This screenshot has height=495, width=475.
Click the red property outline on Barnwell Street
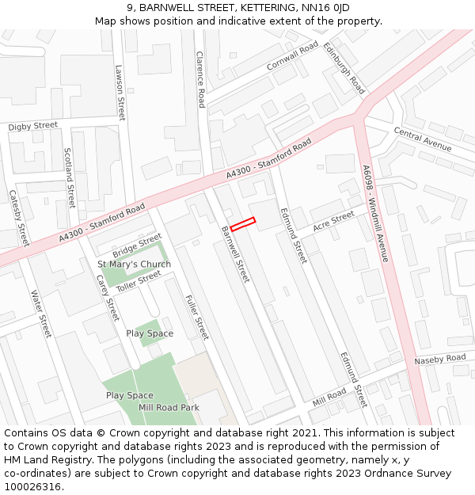(x=242, y=224)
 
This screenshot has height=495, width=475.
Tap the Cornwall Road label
(x=292, y=55)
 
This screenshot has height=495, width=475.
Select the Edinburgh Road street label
(x=344, y=68)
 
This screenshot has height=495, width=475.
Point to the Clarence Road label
(x=201, y=79)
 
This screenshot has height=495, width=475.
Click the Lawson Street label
(x=120, y=92)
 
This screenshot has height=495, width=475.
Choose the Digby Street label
(x=33, y=126)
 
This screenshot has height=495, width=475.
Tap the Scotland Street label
(x=69, y=177)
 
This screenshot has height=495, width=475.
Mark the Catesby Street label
(x=19, y=218)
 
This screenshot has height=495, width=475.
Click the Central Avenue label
(x=423, y=140)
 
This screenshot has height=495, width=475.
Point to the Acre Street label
(x=333, y=222)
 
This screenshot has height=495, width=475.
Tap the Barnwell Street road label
(x=235, y=254)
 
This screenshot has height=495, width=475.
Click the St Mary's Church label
(x=134, y=264)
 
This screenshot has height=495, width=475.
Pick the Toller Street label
(x=139, y=280)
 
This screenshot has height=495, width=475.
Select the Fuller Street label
(x=196, y=317)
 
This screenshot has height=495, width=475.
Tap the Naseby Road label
(x=440, y=360)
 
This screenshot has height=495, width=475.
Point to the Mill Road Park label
(x=169, y=407)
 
